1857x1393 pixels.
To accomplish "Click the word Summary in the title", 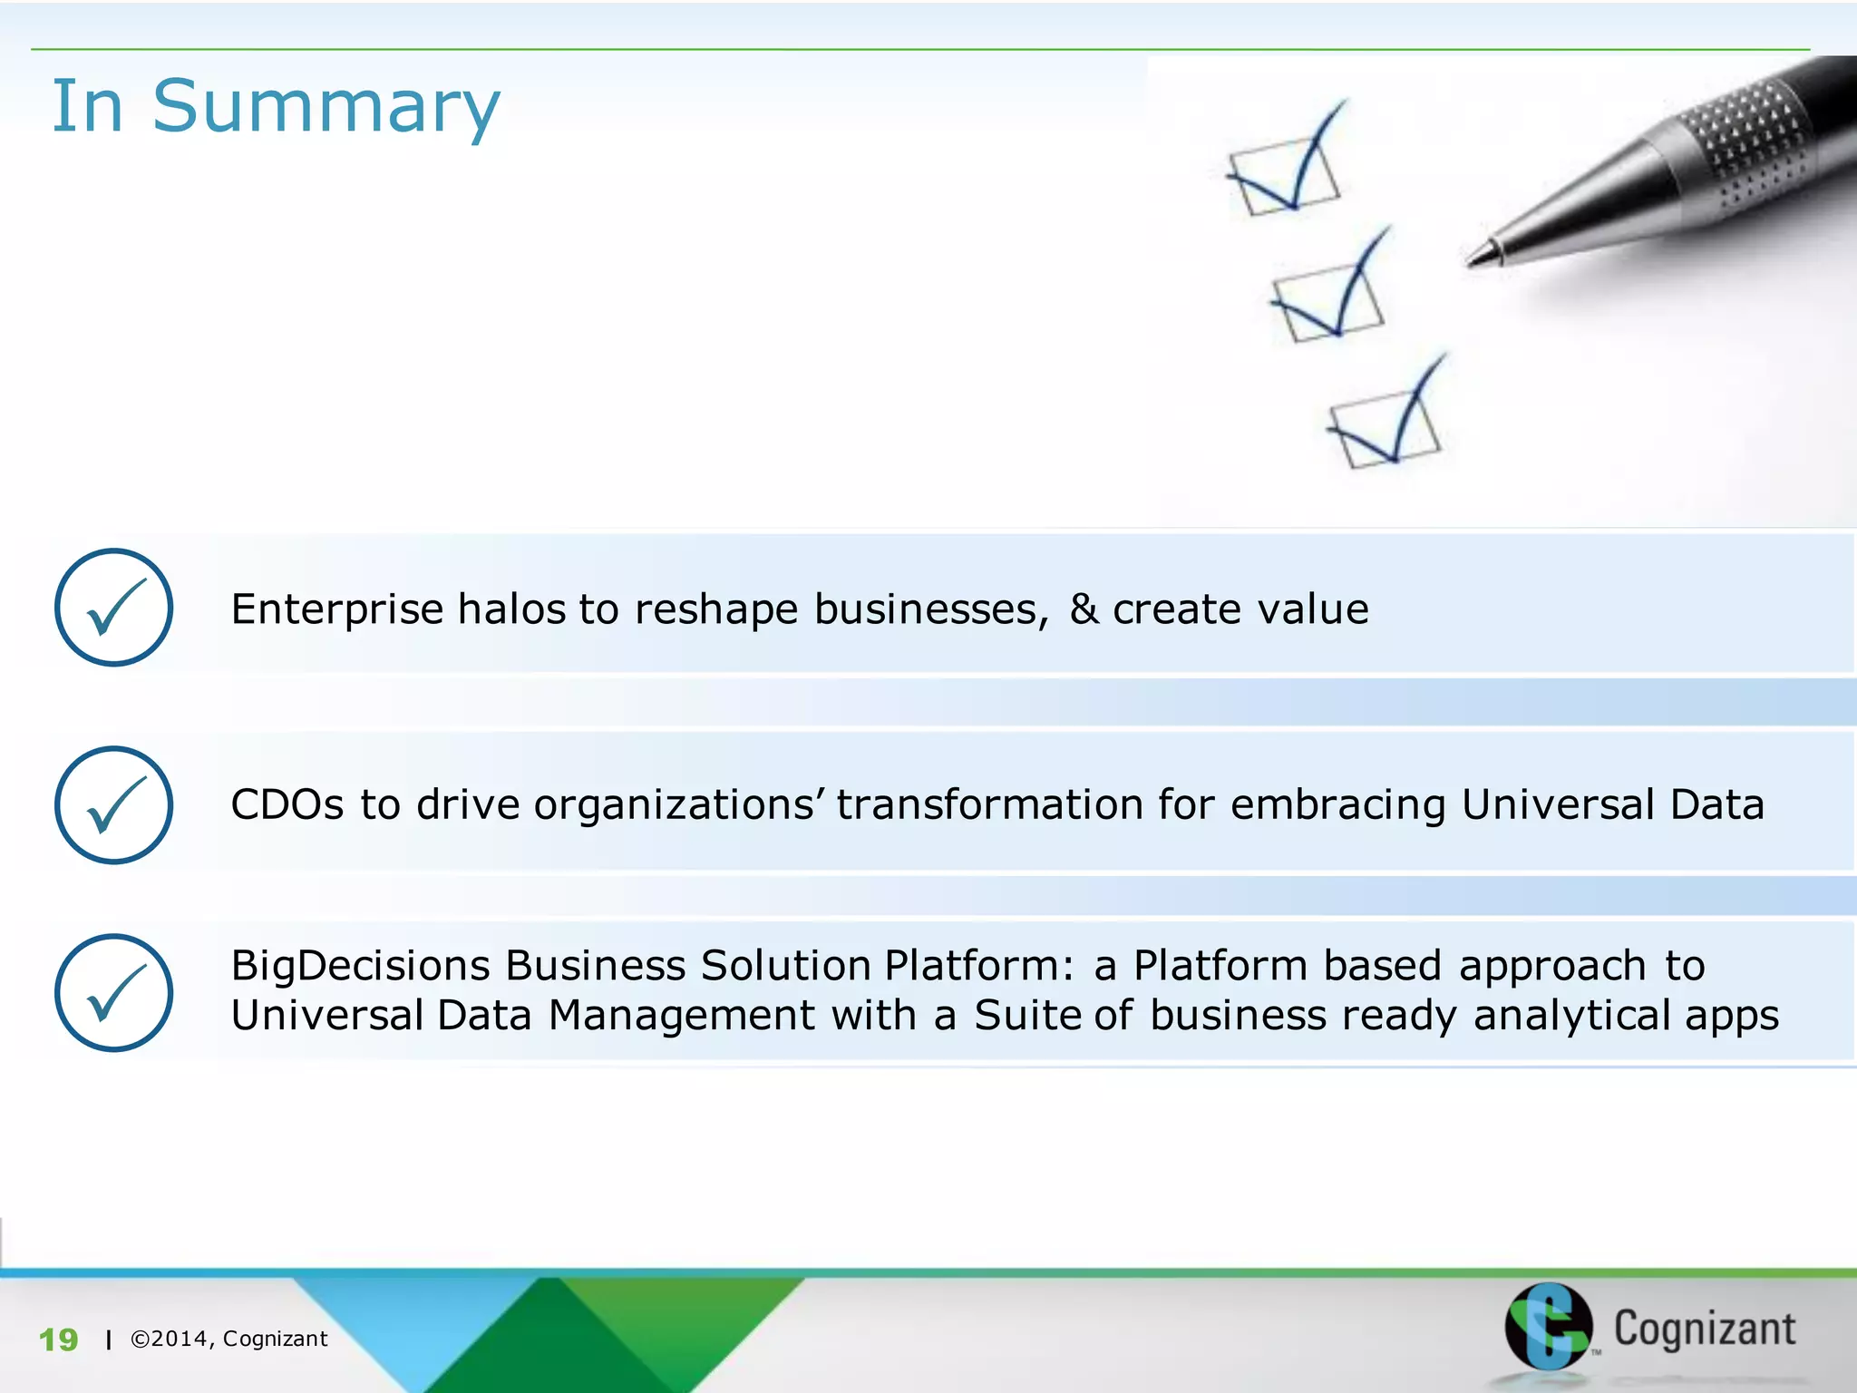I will click(326, 107).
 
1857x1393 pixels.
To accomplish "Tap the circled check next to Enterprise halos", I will click(113, 607).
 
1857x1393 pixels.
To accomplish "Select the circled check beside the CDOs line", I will click(113, 804).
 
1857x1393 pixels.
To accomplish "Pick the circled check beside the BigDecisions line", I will click(113, 992).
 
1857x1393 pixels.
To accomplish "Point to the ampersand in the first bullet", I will click(1084, 609).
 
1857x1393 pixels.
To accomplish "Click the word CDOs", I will click(287, 804).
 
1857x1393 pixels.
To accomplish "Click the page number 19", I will click(59, 1339).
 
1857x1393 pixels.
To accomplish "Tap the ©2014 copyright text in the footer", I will click(228, 1339).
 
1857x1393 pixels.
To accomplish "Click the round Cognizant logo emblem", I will click(1548, 1325).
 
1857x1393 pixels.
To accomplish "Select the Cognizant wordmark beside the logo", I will click(1704, 1329).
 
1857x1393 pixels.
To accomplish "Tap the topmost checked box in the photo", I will click(1284, 172).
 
